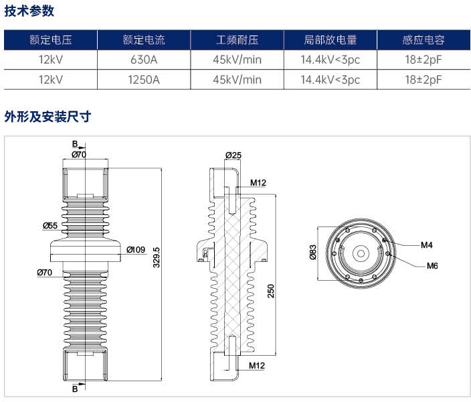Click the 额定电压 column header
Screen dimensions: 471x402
(50, 40)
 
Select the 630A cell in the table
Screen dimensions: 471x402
(144, 60)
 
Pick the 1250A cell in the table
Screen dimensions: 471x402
(144, 80)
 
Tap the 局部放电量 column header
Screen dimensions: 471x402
(330, 40)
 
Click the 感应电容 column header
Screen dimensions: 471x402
(423, 40)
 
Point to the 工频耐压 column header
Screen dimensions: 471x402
(237, 40)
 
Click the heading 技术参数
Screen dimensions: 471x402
(29, 11)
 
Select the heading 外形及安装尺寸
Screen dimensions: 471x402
(48, 117)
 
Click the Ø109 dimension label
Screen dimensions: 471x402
(136, 250)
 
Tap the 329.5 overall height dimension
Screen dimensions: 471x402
(157, 257)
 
